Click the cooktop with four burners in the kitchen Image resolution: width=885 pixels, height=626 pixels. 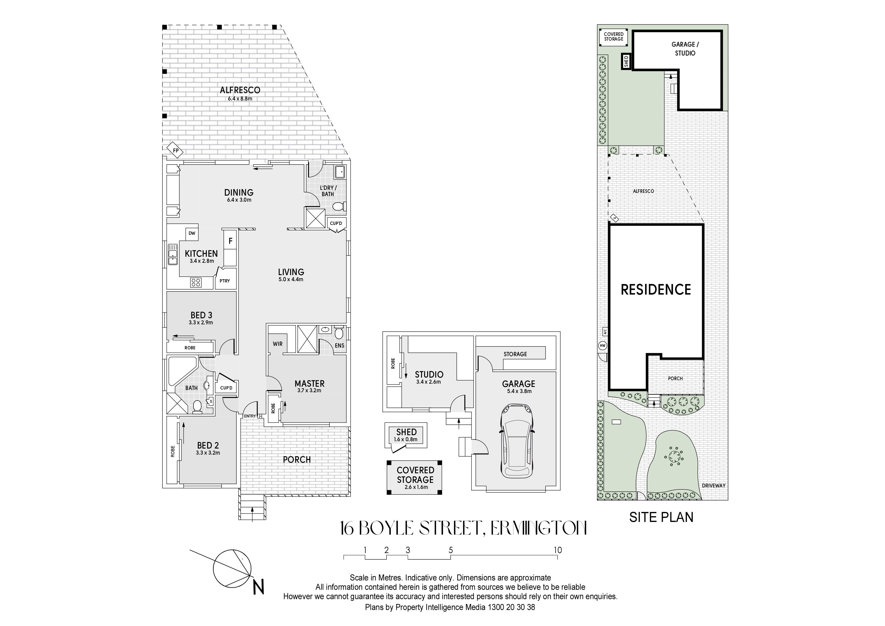click(196, 282)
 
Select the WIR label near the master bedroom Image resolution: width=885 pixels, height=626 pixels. click(278, 344)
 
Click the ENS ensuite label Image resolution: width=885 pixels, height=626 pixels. click(340, 346)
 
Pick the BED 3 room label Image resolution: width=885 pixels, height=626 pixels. click(201, 315)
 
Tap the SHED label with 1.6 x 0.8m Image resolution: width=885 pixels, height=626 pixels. click(406, 435)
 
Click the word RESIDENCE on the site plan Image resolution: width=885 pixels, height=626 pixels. click(656, 290)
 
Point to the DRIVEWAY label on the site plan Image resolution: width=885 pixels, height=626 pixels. click(713, 486)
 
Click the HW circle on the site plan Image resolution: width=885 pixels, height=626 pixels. click(602, 346)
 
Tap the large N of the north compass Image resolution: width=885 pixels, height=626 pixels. click(259, 588)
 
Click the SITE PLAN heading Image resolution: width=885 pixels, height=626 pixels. click(661, 517)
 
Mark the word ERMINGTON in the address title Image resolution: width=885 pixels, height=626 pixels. click(538, 528)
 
